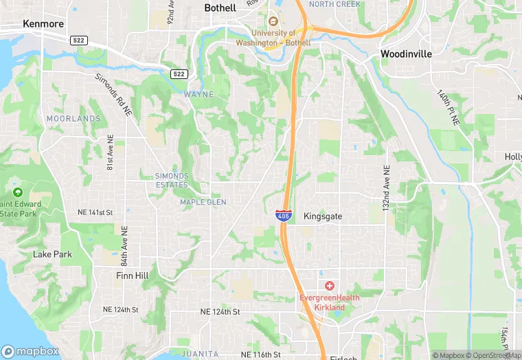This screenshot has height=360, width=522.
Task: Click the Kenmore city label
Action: tap(43, 23)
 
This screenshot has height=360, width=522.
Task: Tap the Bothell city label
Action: tap(220, 8)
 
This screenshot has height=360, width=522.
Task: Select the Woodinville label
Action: tap(407, 53)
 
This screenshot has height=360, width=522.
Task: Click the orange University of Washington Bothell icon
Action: tap(273, 21)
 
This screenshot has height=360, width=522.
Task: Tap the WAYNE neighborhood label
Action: tap(198, 94)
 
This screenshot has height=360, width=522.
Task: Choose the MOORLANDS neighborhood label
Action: tap(73, 119)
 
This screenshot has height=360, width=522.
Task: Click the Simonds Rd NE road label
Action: tap(113, 95)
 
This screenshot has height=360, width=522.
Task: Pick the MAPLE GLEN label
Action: tap(203, 202)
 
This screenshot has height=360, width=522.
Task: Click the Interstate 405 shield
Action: tap(283, 215)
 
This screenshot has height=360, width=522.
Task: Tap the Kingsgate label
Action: tap(323, 216)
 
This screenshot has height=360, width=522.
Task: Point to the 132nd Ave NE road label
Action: tap(387, 188)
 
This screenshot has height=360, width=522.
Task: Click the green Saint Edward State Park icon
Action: tap(17, 192)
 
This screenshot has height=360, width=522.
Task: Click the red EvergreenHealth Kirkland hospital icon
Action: tap(330, 285)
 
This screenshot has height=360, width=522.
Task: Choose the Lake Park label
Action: tap(52, 254)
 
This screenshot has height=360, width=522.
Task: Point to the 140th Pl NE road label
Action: tap(447, 107)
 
